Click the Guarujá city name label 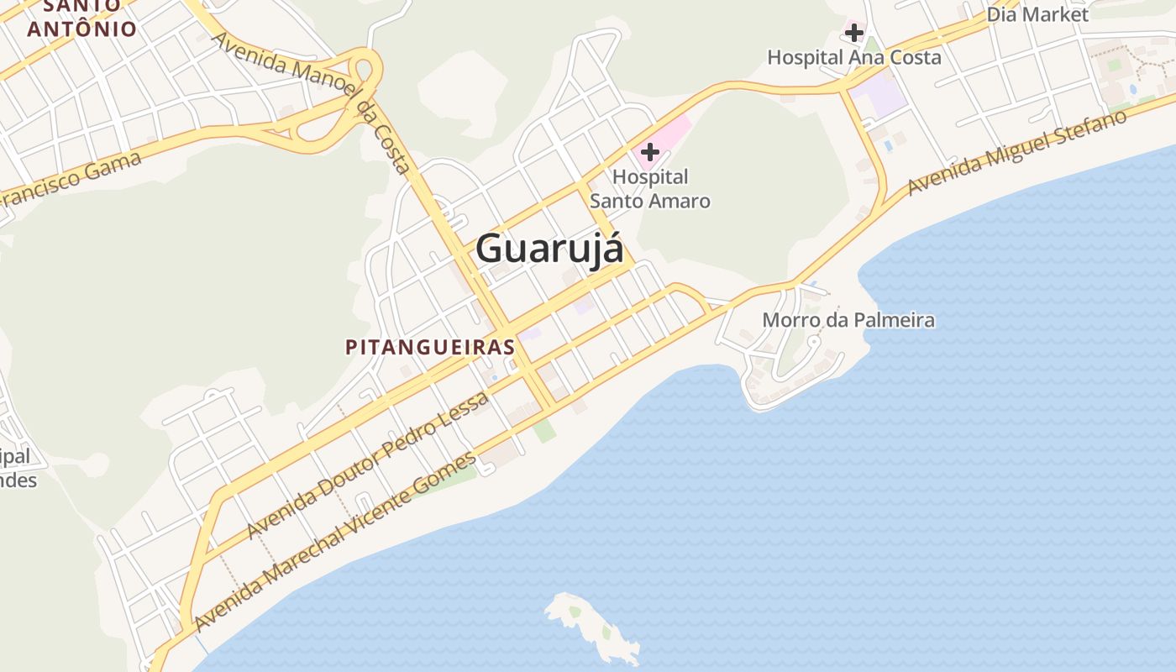(550, 249)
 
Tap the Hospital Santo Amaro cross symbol (649, 152)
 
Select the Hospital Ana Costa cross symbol (854, 33)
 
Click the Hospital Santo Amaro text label (650, 189)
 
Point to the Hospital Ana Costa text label (854, 57)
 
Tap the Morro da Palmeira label (848, 320)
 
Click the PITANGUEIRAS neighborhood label (430, 347)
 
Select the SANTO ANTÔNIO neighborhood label (81, 18)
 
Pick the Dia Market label (1037, 14)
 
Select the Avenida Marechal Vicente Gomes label (335, 542)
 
